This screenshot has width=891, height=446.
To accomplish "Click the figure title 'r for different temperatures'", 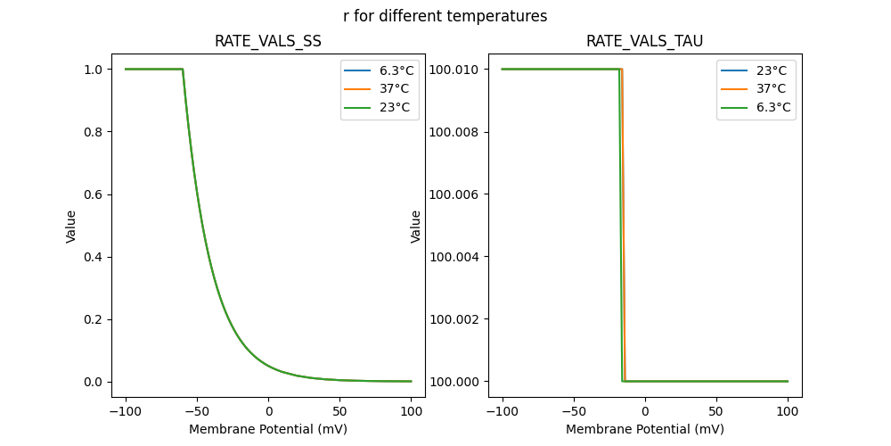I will tap(445, 16).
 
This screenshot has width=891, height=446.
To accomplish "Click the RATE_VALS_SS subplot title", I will tap(268, 41).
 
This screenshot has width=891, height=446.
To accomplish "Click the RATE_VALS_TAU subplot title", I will tap(644, 41).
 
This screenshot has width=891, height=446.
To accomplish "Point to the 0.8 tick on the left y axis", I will tap(94, 132).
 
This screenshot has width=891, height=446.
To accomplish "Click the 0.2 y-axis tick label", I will tap(94, 319).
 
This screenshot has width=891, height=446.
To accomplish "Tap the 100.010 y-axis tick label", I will tap(455, 70).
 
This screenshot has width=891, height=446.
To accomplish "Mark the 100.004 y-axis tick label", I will tap(455, 257).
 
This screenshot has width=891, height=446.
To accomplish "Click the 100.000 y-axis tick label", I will tap(455, 382).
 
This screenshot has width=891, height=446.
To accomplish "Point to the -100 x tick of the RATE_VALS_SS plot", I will tap(125, 411).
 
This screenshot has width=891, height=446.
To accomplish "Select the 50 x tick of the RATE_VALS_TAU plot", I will tap(715, 411).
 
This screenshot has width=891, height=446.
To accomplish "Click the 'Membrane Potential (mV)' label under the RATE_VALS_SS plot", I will tap(268, 429).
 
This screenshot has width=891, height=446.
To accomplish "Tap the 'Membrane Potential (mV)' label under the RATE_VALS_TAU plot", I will tap(644, 429).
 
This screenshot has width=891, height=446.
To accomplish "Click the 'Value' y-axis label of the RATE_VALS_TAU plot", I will tap(415, 227).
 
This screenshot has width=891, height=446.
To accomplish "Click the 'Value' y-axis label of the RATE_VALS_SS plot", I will tap(71, 227).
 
